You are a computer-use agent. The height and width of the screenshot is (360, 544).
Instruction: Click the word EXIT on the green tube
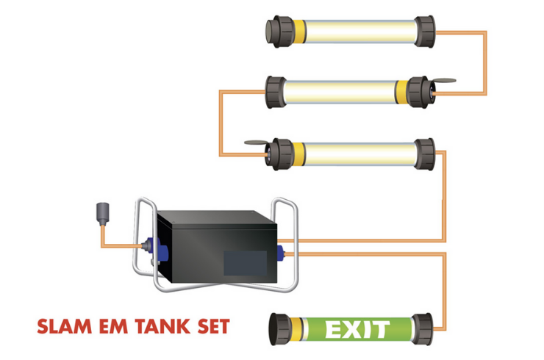tap(357, 329)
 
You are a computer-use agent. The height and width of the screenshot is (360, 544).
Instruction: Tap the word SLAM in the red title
tap(65, 326)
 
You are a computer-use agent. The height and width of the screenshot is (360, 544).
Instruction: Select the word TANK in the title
tap(162, 326)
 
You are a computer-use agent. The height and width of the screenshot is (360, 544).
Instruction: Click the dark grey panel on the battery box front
tap(245, 263)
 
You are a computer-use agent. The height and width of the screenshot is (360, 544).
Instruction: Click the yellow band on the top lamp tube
tap(299, 32)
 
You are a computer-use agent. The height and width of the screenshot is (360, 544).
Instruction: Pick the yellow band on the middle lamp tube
tap(402, 92)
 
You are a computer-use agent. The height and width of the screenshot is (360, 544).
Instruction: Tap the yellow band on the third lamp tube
tap(299, 154)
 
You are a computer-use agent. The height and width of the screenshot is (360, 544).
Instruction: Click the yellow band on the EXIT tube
tap(296, 328)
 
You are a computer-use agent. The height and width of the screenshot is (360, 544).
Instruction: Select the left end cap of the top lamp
tap(280, 32)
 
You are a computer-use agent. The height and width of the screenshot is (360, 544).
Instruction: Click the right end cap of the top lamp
tap(425, 32)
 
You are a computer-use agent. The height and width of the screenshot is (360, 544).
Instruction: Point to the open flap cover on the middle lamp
tap(443, 81)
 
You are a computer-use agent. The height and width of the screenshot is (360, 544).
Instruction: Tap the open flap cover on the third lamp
tap(257, 143)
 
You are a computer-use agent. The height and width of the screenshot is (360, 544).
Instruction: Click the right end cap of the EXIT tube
tap(422, 329)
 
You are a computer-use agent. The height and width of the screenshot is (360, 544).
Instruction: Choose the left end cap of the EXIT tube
tap(280, 329)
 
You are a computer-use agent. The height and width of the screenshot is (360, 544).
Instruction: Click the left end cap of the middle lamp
tap(276, 92)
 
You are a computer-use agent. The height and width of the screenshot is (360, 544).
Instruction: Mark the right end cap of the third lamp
tap(425, 154)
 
